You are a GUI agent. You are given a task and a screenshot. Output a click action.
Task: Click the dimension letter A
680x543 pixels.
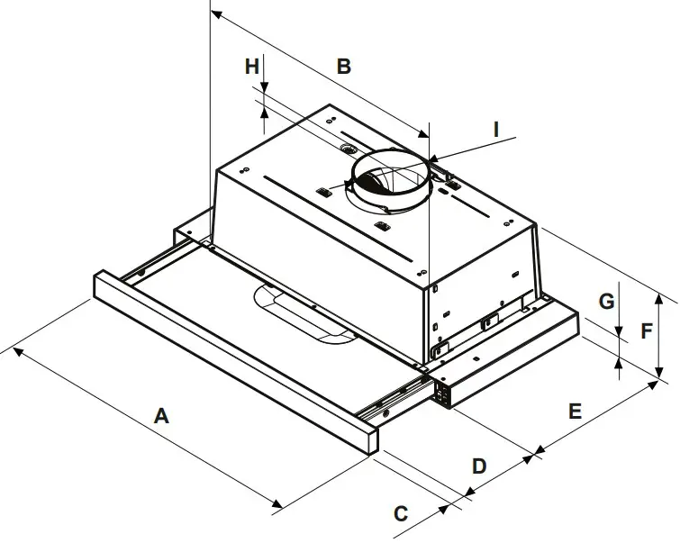pyautogui.click(x=161, y=416)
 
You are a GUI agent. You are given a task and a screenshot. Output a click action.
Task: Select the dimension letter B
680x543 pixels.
pyautogui.click(x=343, y=66)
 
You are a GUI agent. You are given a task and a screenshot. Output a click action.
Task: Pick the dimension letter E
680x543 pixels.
pyautogui.click(x=575, y=411)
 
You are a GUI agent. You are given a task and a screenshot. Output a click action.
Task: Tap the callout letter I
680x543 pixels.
pyautogui.click(x=495, y=129)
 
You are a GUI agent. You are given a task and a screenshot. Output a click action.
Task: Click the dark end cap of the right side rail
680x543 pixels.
pyautogui.click(x=442, y=391)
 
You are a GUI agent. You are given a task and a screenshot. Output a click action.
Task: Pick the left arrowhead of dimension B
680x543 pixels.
pyautogui.click(x=214, y=14)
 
